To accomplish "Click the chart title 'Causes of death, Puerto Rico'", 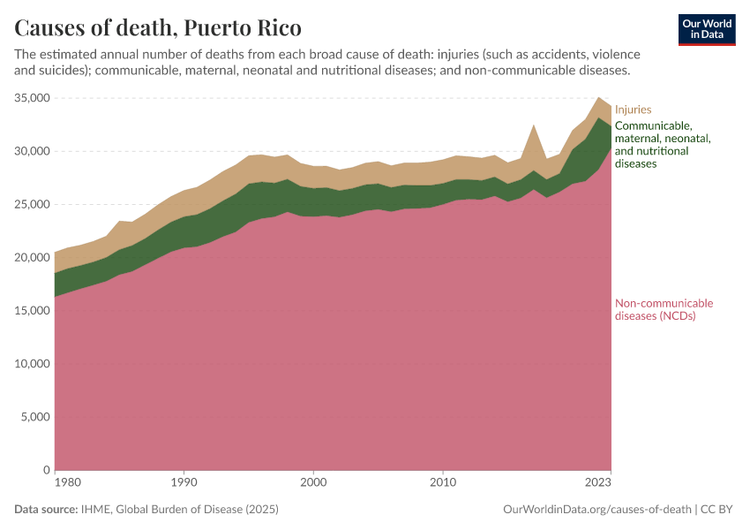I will pyautogui.click(x=158, y=27).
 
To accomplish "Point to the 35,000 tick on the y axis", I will pyautogui.click(x=32, y=98).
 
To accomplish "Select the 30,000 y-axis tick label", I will pyautogui.click(x=32, y=151).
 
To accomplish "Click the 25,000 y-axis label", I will pyautogui.click(x=32, y=204).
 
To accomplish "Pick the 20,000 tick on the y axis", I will pyautogui.click(x=32, y=257).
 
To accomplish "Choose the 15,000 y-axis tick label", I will pyautogui.click(x=32, y=311).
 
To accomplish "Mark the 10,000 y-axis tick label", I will pyautogui.click(x=32, y=364).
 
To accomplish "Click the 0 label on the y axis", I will pyautogui.click(x=46, y=470).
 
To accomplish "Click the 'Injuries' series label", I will pyautogui.click(x=633, y=110).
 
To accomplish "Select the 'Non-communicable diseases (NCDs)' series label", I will pyautogui.click(x=664, y=309).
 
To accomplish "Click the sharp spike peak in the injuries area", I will pyautogui.click(x=534, y=126).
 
